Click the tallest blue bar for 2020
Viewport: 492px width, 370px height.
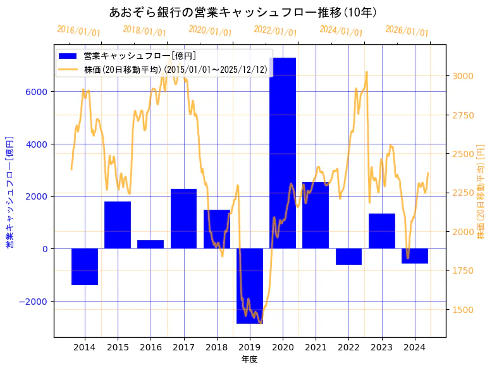coord(283,153)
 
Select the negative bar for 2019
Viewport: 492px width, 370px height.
coord(250,286)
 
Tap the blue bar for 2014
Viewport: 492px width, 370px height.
coord(85,267)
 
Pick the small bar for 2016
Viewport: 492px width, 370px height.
coord(151,245)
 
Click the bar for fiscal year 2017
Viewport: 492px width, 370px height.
coord(183,219)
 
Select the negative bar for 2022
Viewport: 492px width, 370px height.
coord(348,257)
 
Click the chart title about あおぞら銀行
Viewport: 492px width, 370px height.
coord(243,13)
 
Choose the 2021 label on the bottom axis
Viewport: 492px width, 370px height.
coord(316,347)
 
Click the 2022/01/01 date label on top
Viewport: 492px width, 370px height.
coord(275,30)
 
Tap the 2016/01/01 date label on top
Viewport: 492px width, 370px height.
coord(78,30)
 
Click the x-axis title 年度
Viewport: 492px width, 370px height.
coord(249,359)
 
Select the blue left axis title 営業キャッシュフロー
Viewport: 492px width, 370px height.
coord(9,191)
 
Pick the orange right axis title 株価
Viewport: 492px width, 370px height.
coord(481,191)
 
